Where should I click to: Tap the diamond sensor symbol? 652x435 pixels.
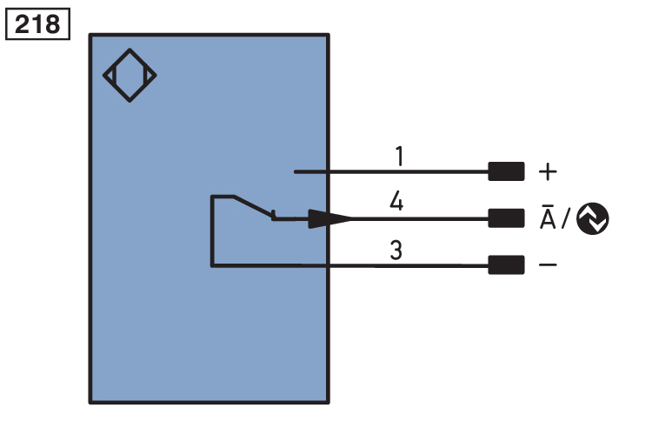tap(130, 75)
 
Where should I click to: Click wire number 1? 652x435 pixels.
tap(399, 157)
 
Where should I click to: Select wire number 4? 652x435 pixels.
tap(397, 203)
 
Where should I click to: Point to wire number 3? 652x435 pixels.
tap(396, 252)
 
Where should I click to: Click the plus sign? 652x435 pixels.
tap(547, 171)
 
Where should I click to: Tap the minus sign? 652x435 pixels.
tap(548, 264)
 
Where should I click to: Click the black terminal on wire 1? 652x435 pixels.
tap(506, 171)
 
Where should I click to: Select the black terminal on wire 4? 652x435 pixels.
tap(506, 217)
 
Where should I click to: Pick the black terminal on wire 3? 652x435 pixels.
tap(506, 264)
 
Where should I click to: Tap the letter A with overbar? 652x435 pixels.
tap(548, 217)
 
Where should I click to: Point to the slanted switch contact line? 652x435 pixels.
tap(251, 206)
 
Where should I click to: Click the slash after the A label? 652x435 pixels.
tap(566, 219)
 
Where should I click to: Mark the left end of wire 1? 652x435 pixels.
tap(296, 171)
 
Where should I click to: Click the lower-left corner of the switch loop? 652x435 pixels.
tap(212, 264)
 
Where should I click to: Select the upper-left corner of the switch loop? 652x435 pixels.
tap(212, 197)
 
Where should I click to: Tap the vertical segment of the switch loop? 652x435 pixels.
tap(212, 231)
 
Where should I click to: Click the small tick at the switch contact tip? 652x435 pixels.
tap(274, 214)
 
